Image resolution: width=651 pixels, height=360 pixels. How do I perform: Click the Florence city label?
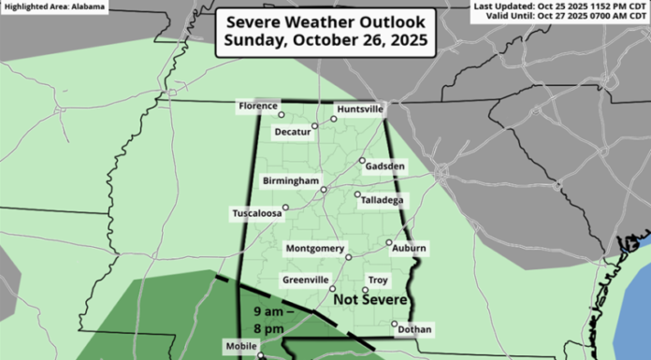[x=258, y=107]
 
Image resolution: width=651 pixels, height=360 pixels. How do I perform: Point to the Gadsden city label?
[x=385, y=166]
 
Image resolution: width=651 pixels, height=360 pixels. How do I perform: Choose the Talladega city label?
[x=383, y=200]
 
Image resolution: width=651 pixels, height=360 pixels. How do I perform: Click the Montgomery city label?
[x=315, y=248]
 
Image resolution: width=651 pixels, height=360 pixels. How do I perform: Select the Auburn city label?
[x=409, y=248]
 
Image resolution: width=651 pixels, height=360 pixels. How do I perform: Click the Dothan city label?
[x=414, y=330]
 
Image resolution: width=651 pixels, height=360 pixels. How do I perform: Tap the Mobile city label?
[x=240, y=346]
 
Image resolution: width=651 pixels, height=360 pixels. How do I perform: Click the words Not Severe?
[x=371, y=300]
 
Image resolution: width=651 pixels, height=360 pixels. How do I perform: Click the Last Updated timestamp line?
[x=562, y=6]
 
